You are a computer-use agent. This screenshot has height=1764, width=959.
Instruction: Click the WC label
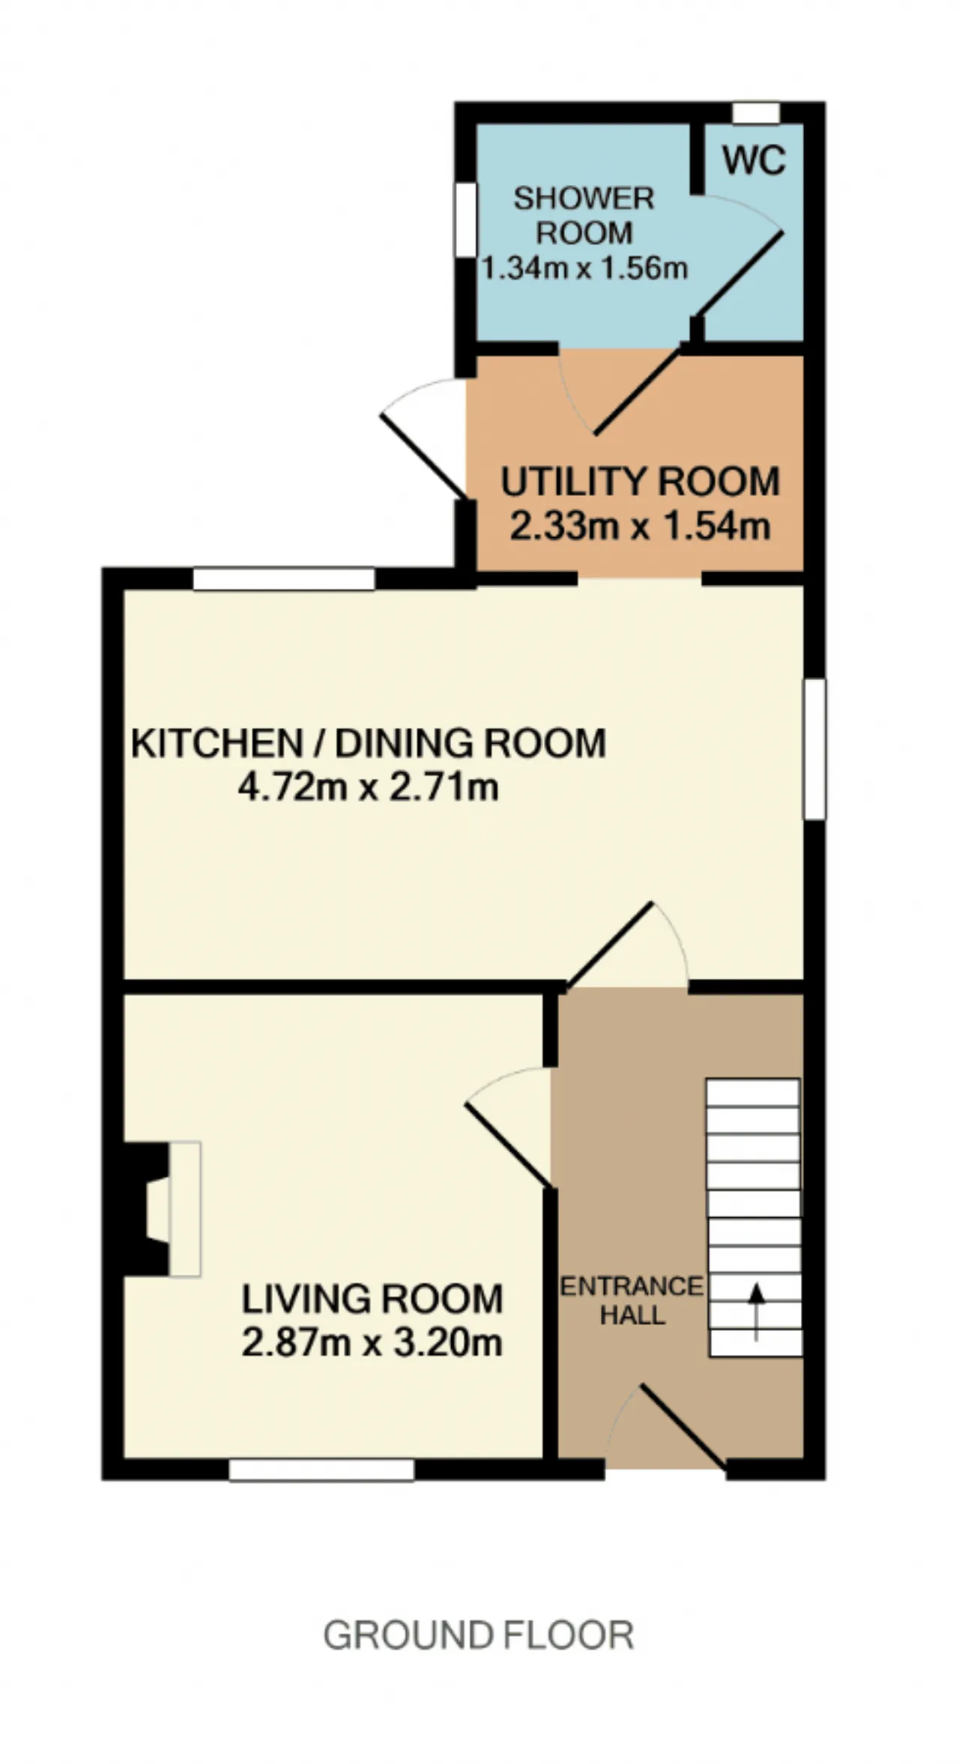coord(754,160)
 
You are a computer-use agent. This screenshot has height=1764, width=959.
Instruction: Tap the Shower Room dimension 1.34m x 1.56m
coord(584,268)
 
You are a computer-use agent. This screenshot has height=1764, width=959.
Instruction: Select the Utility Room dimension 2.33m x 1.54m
coord(640,526)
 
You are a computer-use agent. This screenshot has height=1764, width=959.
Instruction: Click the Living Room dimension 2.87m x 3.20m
coord(372,1342)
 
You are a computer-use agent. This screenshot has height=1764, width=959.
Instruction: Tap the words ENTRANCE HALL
coord(632,1300)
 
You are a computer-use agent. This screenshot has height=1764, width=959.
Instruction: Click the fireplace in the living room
coord(162,1209)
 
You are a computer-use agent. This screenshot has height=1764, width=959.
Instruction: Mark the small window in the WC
coord(756,112)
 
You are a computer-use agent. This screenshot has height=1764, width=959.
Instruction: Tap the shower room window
coord(466,221)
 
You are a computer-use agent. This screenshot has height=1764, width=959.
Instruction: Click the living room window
coord(321,1470)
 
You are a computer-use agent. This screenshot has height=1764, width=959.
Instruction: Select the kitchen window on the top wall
coord(283,579)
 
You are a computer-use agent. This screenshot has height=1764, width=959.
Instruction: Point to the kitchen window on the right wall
coord(815,749)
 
